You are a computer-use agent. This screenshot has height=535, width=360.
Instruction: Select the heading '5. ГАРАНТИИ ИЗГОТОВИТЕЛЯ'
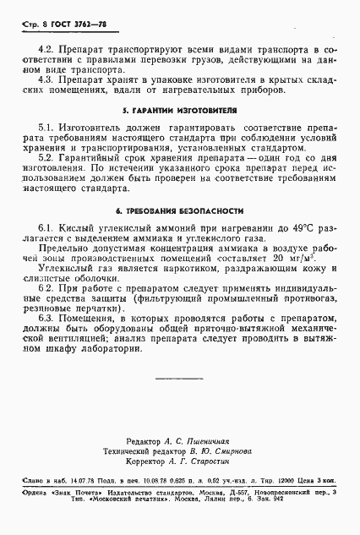tap(180, 110)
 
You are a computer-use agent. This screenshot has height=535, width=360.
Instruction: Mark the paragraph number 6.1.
tap(47, 230)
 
